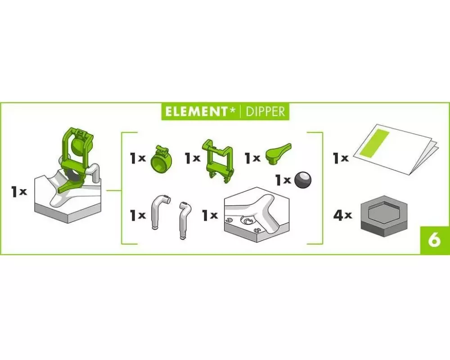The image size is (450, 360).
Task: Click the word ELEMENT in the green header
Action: click(x=196, y=112)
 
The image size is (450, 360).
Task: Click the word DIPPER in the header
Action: click(x=265, y=112)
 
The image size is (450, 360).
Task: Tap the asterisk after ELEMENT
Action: click(x=232, y=109)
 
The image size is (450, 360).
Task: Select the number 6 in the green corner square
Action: click(x=435, y=240)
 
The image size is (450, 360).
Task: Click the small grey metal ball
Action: click(x=302, y=180)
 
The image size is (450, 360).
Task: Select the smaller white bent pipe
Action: click(x=184, y=221)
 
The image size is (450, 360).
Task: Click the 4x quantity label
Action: click(x=342, y=215)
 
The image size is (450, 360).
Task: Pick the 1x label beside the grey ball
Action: click(x=283, y=180)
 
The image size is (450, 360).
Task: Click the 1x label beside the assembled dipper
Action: click(x=19, y=192)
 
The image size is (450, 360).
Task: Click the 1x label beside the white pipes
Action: click(x=138, y=215)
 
